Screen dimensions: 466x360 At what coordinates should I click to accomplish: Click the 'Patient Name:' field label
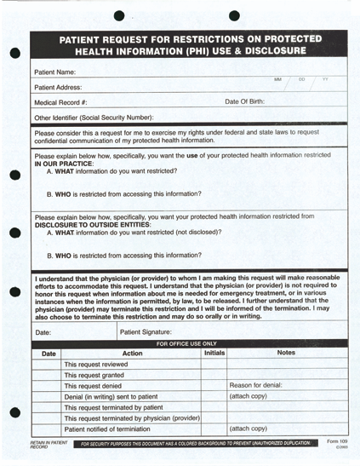[x=55, y=72]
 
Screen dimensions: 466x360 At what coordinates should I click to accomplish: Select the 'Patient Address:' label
[x=59, y=88]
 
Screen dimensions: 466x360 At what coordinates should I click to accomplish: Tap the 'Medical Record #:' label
[x=61, y=102]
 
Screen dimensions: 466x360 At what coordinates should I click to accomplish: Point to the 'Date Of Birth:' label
[x=244, y=101]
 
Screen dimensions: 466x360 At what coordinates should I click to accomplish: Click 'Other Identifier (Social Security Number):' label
[x=94, y=117]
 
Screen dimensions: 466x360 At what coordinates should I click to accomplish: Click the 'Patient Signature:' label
[x=146, y=331]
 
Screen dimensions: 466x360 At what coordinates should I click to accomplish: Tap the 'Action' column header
[x=132, y=353]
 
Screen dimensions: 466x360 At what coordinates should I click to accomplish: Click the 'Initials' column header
[x=214, y=353]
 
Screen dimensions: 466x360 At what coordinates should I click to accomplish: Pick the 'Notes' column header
[x=286, y=353]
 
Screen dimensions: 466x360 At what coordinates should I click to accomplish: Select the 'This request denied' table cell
[x=94, y=385]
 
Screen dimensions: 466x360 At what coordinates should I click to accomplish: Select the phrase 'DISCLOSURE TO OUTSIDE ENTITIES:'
[x=93, y=224]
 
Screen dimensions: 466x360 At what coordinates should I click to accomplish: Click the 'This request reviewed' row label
[x=96, y=364]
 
